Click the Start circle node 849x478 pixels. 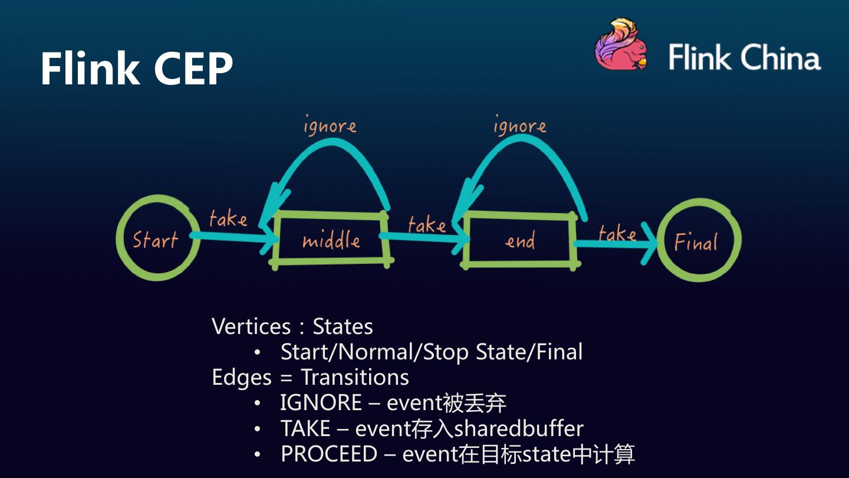pos(156,238)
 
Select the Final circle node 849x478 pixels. pos(698,240)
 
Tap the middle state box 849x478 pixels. pos(331,239)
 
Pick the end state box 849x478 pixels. pos(519,240)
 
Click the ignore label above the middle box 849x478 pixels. pos(330,126)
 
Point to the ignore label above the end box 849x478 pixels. pos(519,126)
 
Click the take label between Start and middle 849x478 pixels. pos(228,219)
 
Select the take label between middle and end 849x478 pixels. pos(426,224)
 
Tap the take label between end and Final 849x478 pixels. pos(617,234)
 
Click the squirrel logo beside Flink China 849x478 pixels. pos(621,46)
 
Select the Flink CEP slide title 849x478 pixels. pos(136,68)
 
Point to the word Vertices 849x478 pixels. pos(251,326)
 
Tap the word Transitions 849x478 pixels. pos(354,377)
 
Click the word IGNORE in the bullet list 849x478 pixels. pos(321,403)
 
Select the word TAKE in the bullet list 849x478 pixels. pos(305,428)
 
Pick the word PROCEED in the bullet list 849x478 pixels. pos(328,454)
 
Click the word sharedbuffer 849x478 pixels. pos(519,428)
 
